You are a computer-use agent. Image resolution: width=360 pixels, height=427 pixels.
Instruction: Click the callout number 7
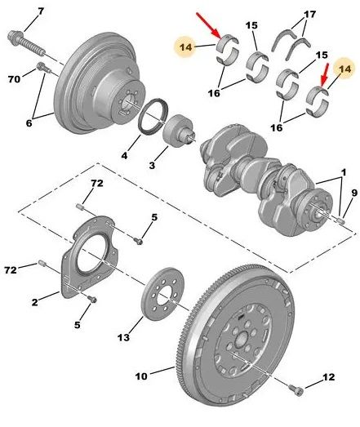41,11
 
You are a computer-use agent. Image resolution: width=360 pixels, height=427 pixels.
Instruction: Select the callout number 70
14,79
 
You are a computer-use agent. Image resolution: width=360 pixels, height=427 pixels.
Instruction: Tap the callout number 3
152,165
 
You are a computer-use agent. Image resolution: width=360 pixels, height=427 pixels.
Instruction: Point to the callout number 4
124,156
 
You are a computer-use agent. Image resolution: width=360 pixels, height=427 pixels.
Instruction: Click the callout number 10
141,376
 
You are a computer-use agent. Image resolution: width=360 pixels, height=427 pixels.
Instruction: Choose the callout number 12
329,377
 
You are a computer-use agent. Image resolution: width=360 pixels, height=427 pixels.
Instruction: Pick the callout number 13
123,338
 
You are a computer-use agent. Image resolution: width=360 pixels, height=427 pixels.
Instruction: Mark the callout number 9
353,193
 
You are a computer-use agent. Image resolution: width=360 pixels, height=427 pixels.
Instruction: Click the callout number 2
34,302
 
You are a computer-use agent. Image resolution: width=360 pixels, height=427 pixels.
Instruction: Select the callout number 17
310,14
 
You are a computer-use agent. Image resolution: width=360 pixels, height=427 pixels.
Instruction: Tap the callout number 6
29,123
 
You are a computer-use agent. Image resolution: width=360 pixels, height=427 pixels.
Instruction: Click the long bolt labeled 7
26,43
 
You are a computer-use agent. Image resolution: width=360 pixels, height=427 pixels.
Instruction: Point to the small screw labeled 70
43,68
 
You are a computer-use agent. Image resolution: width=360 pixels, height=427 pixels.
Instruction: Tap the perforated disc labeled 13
163,293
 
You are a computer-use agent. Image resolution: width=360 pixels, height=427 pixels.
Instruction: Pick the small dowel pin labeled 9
341,220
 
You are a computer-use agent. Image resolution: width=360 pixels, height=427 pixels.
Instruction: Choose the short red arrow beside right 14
325,76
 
